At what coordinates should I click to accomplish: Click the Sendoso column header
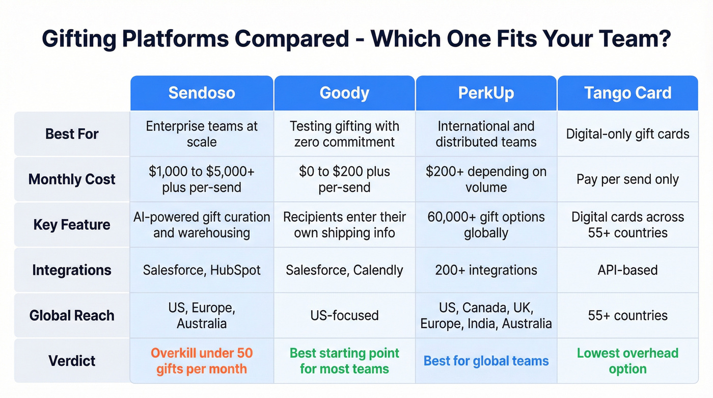coord(202,93)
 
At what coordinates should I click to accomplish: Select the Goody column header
coord(344,93)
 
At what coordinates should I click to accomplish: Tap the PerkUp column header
coord(486,93)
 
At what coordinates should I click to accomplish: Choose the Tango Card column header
coord(627,93)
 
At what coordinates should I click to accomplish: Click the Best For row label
coord(72,134)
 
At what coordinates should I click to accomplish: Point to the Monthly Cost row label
coord(72,179)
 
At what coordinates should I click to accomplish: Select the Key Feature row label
coord(72,225)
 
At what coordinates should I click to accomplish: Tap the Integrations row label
coord(72,270)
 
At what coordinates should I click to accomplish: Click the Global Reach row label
coord(72,315)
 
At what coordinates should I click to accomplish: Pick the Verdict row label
coord(72,361)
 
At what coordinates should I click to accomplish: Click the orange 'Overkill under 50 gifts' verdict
coord(202,361)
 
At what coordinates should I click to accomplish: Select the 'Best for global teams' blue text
coord(486,361)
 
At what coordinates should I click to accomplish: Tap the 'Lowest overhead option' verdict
coord(627,361)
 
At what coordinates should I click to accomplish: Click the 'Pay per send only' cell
coord(627,179)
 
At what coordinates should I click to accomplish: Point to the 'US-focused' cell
coord(344,315)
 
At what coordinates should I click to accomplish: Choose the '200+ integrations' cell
coord(486,270)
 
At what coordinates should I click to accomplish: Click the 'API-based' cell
coord(627,270)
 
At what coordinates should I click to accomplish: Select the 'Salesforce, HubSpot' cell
coord(202,270)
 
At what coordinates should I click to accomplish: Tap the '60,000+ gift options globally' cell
coord(486,225)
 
